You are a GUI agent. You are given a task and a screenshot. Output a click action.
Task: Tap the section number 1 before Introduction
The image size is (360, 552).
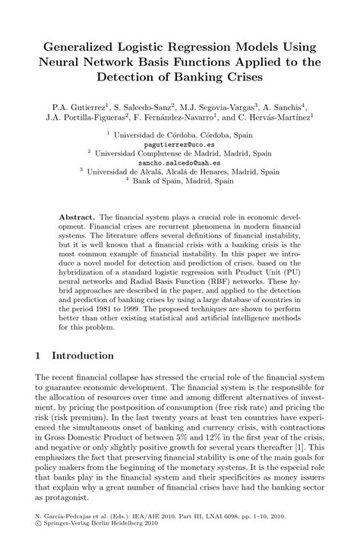pos(39,355)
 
